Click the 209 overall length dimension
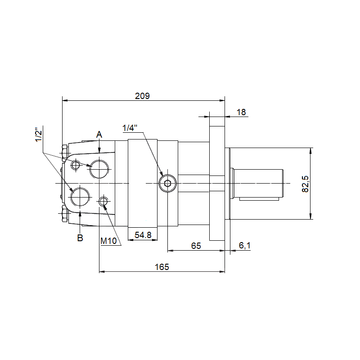142,96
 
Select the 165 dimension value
162,267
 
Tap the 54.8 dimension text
143,235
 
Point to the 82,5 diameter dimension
305,184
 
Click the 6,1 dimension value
244,246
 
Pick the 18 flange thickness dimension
241,112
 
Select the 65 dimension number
196,246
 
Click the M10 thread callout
108,241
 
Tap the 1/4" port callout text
130,128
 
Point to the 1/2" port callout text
39,136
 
